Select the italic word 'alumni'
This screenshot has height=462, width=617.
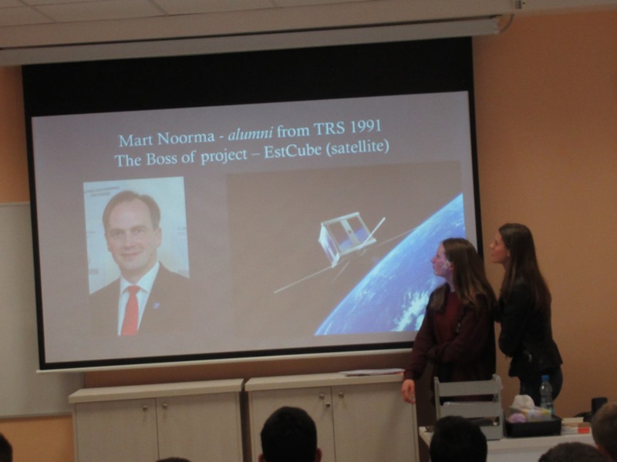[250, 134]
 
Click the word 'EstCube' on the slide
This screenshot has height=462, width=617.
[292, 151]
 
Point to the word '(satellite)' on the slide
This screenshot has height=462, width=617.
[358, 148]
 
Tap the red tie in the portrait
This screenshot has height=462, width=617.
[131, 310]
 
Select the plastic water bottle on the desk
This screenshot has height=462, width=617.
[546, 393]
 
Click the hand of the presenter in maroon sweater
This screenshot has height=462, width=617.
[409, 390]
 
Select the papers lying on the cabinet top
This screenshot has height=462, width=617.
[372, 372]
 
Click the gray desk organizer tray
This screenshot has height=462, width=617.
[468, 406]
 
